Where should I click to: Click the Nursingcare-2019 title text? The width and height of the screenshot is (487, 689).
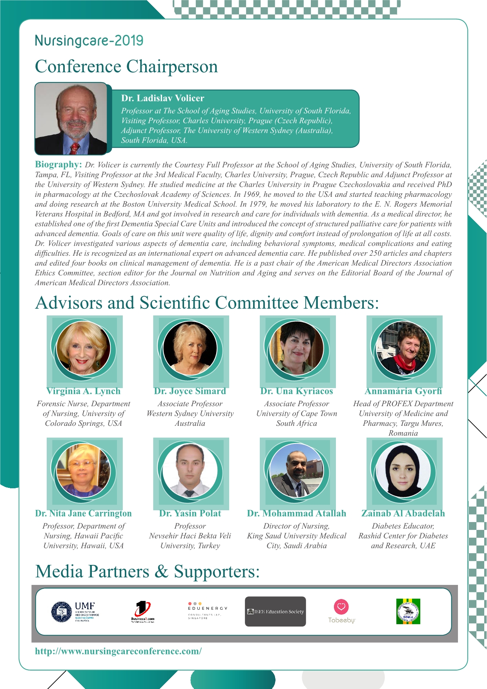click(x=89, y=40)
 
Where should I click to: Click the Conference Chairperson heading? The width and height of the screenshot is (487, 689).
click(x=126, y=66)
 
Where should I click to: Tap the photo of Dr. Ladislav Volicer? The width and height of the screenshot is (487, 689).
click(x=71, y=119)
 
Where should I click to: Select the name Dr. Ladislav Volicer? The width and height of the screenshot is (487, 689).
click(x=162, y=98)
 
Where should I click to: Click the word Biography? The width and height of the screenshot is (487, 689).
click(x=58, y=164)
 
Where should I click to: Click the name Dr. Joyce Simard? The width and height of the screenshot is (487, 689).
click(x=190, y=391)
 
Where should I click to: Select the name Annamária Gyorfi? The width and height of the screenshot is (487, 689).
click(x=403, y=391)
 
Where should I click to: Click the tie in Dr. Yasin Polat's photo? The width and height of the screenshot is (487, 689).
click(x=190, y=494)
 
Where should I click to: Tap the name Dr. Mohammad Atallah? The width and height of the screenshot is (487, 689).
click(x=297, y=513)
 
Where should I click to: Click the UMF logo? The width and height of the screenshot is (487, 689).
click(x=75, y=612)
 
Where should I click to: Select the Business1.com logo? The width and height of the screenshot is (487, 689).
click(x=142, y=612)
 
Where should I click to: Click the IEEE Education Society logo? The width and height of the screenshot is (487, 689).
click(x=275, y=612)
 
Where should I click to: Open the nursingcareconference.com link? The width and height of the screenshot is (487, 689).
click(x=119, y=651)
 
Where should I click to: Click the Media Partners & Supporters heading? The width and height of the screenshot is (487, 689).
click(x=147, y=572)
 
